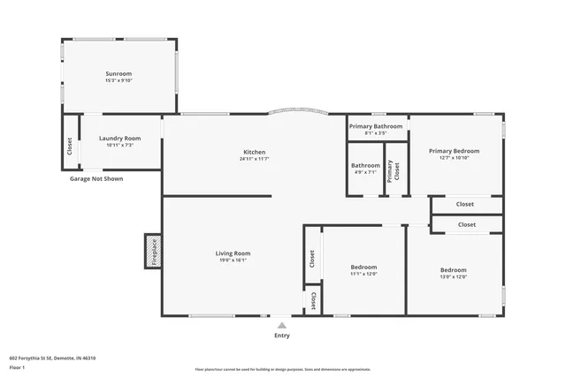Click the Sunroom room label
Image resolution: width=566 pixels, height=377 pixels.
119,73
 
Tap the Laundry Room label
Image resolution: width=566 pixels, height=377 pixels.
119,138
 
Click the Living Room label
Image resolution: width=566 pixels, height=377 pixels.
233,253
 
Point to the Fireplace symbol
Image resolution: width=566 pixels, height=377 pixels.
152,251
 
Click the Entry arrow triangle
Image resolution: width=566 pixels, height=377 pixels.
282,325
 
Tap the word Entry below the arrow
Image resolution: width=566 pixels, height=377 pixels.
282,336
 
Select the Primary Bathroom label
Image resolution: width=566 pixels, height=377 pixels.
376,126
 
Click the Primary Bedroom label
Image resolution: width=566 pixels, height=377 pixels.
454,151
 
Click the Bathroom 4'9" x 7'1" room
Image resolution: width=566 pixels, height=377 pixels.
365,169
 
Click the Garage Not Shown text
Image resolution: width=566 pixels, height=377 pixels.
96,178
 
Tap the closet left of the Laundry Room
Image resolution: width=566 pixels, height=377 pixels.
70,145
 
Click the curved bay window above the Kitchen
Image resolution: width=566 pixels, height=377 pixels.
296,111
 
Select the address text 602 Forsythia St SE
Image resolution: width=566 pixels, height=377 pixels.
52,358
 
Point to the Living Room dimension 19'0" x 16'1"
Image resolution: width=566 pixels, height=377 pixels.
233,260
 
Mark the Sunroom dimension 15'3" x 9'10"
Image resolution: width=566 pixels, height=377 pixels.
119,80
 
